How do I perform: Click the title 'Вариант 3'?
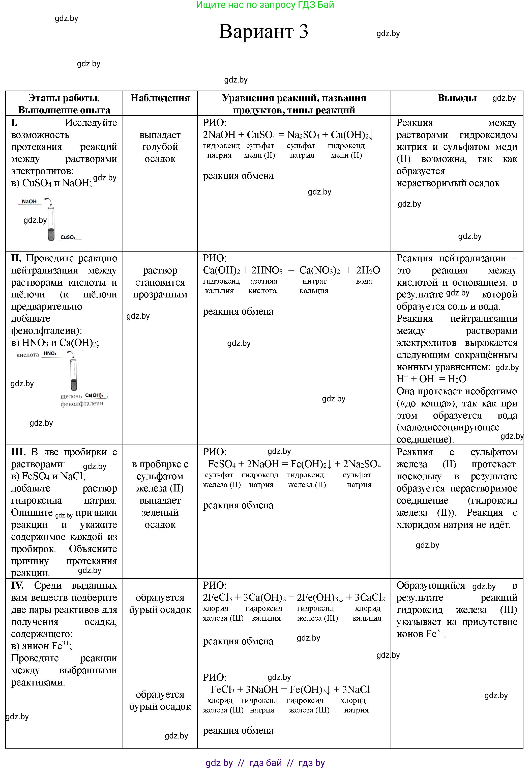click(x=263, y=32)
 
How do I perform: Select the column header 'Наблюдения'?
click(x=160, y=98)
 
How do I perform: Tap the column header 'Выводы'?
click(x=457, y=98)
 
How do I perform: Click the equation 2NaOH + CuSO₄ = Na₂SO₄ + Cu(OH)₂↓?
click(x=288, y=135)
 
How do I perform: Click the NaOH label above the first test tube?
click(x=29, y=201)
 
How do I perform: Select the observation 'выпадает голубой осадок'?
click(x=160, y=147)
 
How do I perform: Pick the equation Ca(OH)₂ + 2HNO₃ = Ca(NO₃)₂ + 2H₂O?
click(x=291, y=270)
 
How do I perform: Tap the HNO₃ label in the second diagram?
click(x=50, y=353)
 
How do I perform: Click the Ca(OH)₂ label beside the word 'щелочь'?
click(x=94, y=396)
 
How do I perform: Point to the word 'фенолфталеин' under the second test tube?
click(x=82, y=403)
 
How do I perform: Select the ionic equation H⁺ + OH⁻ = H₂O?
click(x=431, y=379)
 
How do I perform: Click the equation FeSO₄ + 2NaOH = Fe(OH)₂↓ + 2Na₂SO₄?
click(x=294, y=464)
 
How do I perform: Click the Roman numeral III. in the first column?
click(x=18, y=452)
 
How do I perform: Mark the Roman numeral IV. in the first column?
click(x=17, y=586)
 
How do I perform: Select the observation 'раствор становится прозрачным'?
click(x=160, y=282)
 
